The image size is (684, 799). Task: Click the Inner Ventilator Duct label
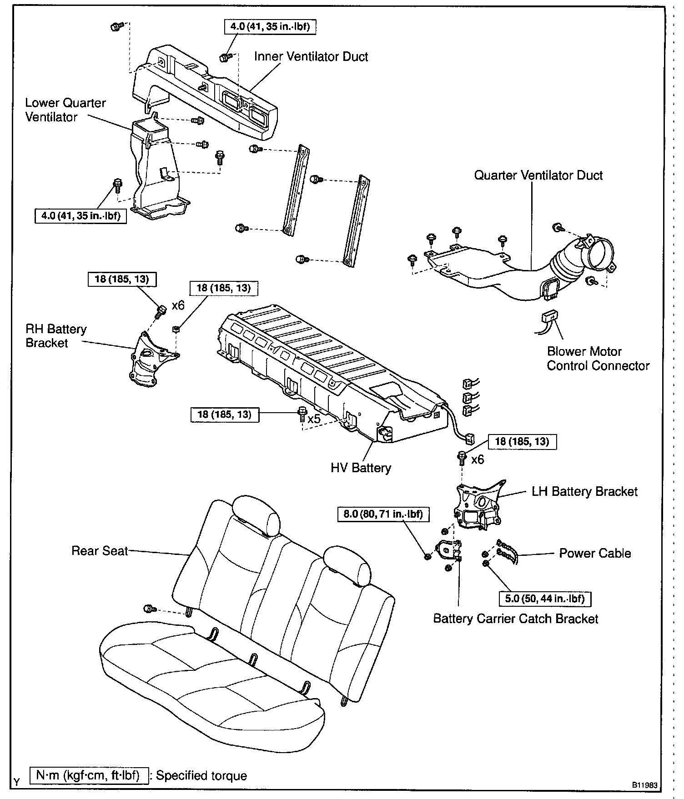tap(311, 57)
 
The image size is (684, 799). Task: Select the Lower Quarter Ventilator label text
tap(65, 110)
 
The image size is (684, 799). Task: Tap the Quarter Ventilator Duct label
tap(538, 175)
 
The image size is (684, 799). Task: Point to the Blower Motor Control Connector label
tap(598, 359)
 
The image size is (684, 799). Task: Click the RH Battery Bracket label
tap(55, 336)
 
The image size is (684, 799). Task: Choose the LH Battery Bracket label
tap(584, 491)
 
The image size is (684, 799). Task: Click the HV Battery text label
tap(361, 468)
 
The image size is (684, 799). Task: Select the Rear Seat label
tap(100, 551)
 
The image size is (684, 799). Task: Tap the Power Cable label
tap(594, 553)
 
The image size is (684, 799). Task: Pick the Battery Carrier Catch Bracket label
tap(515, 619)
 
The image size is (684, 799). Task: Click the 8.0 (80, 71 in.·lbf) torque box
tap(383, 514)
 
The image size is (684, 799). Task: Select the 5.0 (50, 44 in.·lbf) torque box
tap(544, 599)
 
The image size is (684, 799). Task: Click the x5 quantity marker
tap(314, 419)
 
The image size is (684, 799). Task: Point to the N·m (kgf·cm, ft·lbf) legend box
tap(89, 775)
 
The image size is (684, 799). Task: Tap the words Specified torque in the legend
tap(201, 775)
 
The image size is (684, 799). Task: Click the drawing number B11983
tap(643, 785)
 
